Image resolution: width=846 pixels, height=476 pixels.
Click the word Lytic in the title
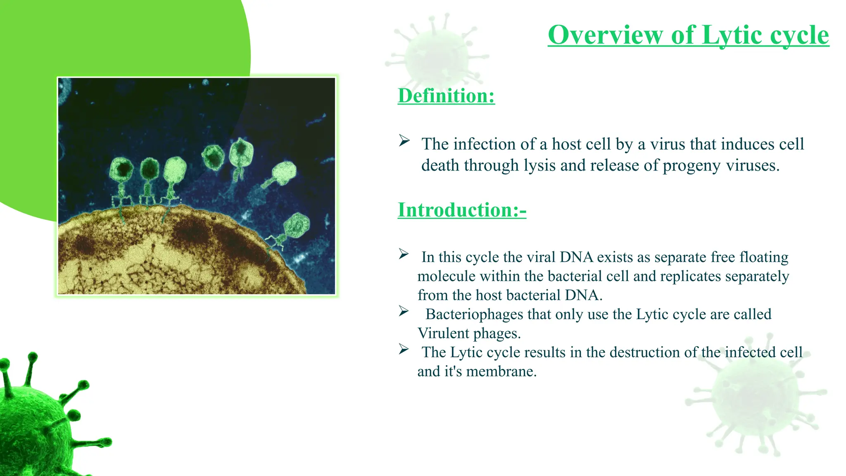[x=731, y=35]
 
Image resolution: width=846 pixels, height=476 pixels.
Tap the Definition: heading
[x=446, y=96]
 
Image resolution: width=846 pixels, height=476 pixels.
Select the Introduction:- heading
[x=462, y=210]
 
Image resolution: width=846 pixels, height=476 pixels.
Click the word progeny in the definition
[x=692, y=166]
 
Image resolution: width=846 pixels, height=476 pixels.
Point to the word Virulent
[x=443, y=333]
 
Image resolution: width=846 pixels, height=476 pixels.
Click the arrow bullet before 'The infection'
[x=404, y=141]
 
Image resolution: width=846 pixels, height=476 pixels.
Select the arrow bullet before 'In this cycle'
[x=404, y=254]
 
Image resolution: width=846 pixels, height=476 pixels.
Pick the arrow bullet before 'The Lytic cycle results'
[x=404, y=350]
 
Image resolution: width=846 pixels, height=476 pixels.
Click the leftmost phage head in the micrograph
[x=122, y=169]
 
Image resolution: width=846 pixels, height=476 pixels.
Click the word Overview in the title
[x=605, y=35]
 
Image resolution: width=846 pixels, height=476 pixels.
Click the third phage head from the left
[x=175, y=169]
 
